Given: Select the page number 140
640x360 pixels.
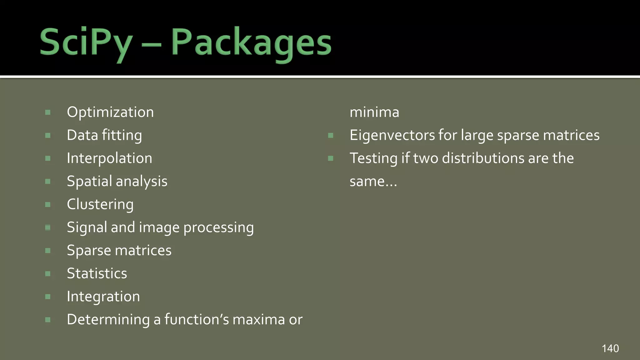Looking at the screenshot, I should coord(610,348).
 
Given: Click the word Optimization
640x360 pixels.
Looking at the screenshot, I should coord(110,112).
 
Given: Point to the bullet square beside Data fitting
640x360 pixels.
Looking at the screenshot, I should coord(48,136).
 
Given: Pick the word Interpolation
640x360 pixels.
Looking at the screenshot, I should coord(109,158).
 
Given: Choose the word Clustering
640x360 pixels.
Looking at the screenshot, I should coord(100,204).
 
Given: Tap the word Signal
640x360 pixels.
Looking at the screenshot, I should coord(87,227).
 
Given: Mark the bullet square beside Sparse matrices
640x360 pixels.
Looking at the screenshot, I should coord(48,251).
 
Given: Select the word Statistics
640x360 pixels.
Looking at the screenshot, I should coord(97,273).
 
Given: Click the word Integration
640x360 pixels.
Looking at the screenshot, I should coord(103,297).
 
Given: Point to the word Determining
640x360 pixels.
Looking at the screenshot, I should coord(108,320).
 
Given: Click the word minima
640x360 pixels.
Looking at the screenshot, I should coord(374,112).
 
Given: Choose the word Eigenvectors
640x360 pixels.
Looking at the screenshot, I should coord(392,135).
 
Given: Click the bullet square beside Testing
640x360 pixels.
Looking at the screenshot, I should coord(331,158).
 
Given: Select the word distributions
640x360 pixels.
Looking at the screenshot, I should coord(483,158).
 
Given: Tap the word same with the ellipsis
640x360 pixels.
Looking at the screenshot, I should coord(373,182).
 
